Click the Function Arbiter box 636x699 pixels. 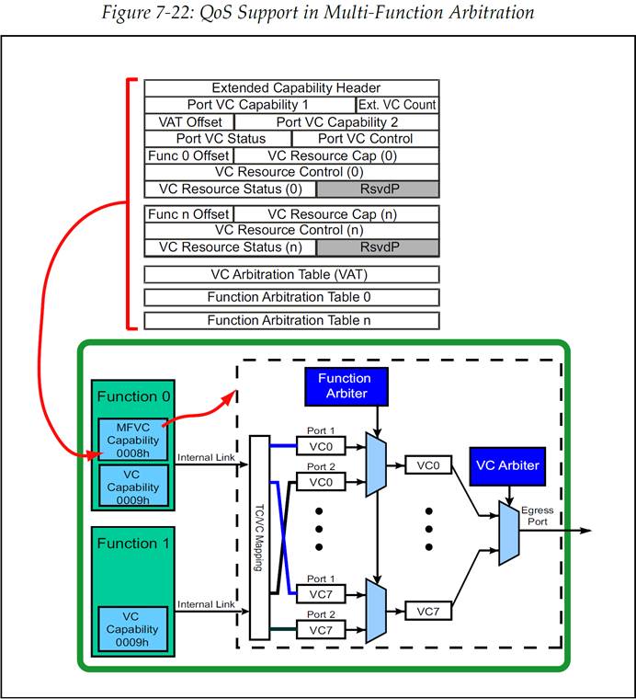tap(345, 386)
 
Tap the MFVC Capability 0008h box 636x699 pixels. tap(133, 439)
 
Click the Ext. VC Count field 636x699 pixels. tap(397, 105)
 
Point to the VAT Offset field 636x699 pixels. tap(189, 121)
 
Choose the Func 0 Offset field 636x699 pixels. tap(187, 155)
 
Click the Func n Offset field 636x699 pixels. tap(187, 213)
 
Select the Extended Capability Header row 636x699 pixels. tap(291, 87)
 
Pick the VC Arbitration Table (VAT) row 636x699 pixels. tap(291, 274)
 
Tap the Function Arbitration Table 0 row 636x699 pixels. tap(291, 297)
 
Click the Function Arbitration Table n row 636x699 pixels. tap(291, 320)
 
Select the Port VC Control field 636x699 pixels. tap(365, 138)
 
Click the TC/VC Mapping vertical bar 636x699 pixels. tap(259, 536)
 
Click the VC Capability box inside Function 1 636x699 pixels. tap(133, 629)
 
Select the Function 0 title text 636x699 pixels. tap(133, 396)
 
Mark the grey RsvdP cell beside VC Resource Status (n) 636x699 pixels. tap(378, 246)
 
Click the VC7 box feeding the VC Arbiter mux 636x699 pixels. tap(427, 611)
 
